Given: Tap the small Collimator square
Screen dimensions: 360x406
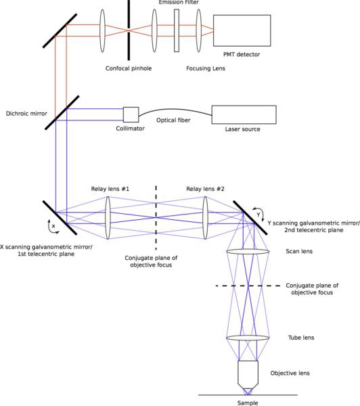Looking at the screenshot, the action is (x=131, y=114).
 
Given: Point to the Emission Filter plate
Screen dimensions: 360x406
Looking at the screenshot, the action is (x=177, y=30).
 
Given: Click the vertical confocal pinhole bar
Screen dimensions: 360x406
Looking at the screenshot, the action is (x=129, y=30).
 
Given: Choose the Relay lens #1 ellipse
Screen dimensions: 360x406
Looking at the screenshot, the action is (x=108, y=218).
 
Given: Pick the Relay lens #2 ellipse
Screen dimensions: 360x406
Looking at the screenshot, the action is (x=205, y=218).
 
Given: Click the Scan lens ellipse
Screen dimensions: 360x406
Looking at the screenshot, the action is (x=248, y=252).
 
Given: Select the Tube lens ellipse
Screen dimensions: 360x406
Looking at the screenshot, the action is (x=248, y=338).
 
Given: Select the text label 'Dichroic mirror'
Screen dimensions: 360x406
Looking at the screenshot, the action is (x=26, y=114).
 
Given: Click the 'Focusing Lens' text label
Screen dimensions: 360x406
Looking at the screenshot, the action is (x=206, y=68).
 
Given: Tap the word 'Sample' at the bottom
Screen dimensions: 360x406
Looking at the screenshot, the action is (x=248, y=403).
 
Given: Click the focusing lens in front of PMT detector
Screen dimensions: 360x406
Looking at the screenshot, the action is (x=199, y=30).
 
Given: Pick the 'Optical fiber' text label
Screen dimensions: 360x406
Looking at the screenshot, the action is (x=173, y=120).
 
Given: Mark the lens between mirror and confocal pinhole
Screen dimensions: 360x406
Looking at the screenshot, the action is (x=103, y=30).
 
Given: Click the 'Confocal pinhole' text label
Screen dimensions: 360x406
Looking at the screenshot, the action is (x=129, y=68).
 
